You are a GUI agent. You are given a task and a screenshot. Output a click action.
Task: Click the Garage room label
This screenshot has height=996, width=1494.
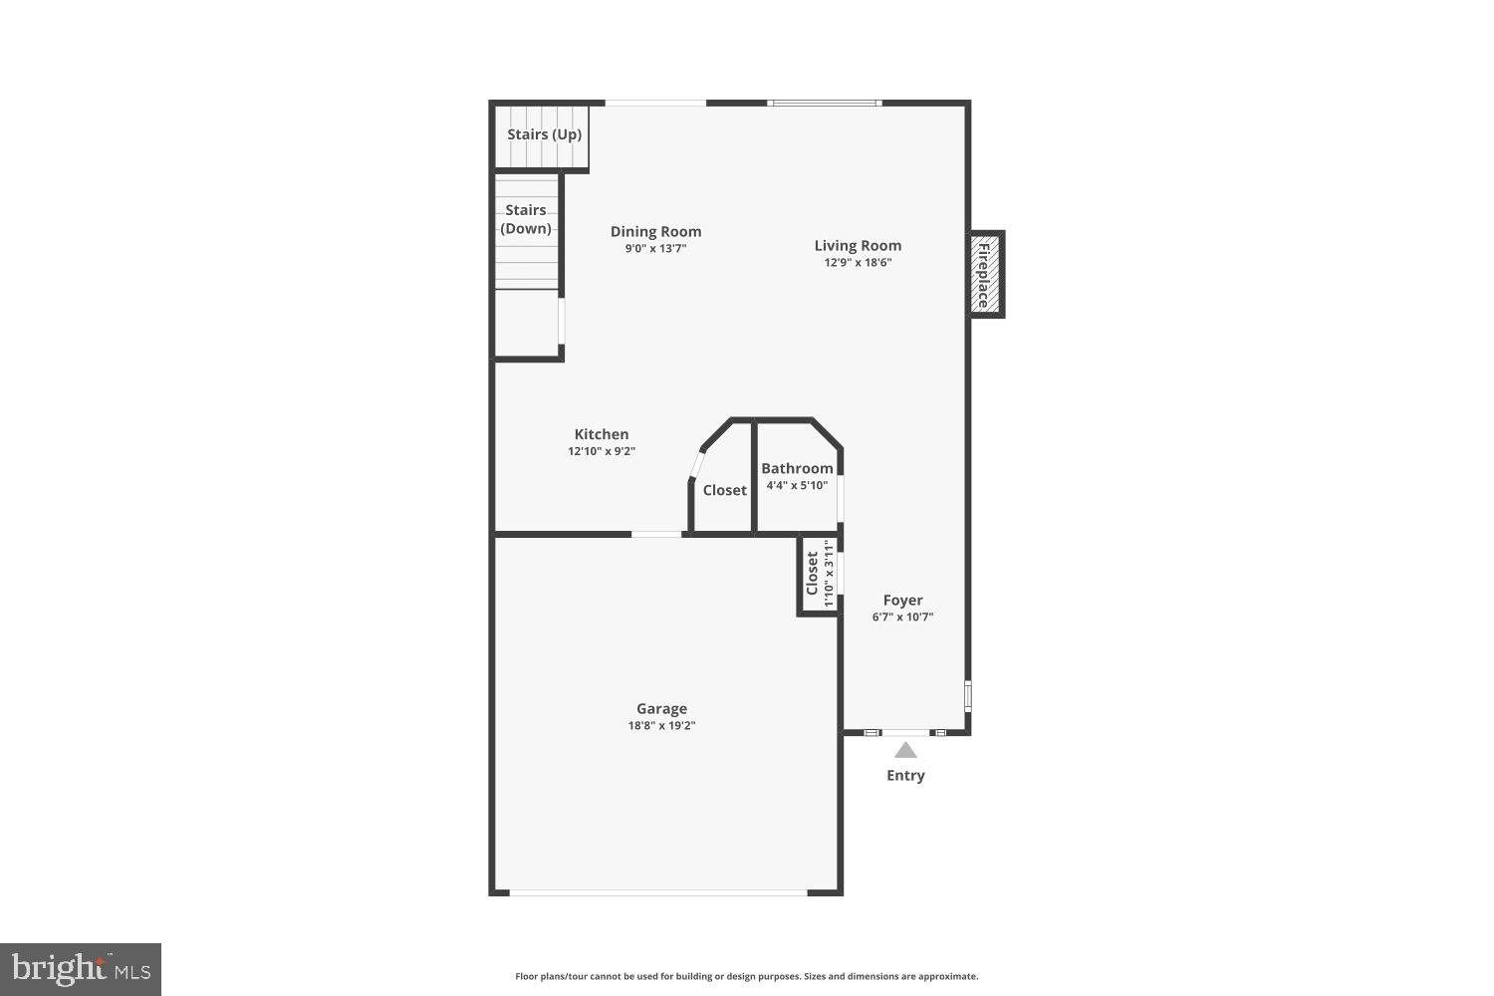661,709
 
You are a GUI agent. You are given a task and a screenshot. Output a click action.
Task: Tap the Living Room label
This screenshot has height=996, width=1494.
858,246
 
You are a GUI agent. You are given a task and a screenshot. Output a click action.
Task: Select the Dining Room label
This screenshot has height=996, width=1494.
655,232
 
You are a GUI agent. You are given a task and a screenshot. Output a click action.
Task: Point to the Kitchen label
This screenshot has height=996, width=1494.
602,434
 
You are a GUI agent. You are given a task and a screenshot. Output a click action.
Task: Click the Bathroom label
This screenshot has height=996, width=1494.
797,468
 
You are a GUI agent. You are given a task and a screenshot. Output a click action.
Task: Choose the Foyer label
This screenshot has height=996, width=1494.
902,600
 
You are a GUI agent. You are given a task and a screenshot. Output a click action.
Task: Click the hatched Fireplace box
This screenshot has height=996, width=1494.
985,274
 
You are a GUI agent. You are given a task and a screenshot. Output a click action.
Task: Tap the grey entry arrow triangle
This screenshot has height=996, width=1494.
905,750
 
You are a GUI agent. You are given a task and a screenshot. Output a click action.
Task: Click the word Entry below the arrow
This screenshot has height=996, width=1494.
905,775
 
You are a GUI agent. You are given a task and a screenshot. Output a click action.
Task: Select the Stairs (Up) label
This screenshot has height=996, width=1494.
544,134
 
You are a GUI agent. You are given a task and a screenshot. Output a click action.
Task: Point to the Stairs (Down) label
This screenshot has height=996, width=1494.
526,219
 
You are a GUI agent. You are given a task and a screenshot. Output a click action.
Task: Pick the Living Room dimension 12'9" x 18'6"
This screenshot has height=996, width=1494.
858,263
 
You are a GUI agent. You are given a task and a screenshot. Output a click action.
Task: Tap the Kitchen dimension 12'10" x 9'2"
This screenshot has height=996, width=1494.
602,451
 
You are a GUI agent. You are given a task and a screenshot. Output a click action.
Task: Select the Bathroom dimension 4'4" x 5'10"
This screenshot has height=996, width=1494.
797,486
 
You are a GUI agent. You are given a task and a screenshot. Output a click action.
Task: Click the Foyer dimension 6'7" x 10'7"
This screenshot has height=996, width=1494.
902,617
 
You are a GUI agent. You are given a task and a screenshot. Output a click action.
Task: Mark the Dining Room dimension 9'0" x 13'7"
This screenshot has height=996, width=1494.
655,249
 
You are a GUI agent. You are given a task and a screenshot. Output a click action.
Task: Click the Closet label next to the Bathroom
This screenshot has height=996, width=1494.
724,490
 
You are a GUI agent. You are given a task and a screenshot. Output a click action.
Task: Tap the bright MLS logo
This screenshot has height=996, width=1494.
81,969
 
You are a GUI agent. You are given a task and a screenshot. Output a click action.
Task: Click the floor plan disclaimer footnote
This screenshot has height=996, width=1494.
746,976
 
